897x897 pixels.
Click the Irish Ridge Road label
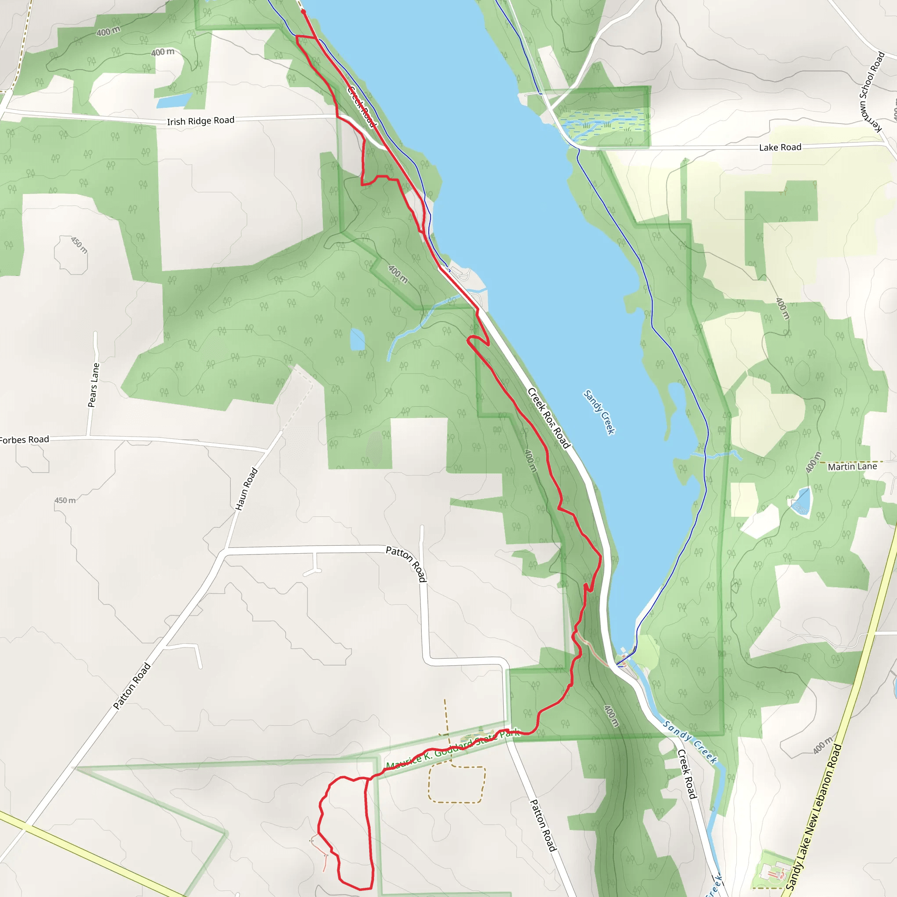tap(201, 121)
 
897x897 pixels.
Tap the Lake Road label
tap(780, 147)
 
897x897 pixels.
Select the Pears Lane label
tap(94, 385)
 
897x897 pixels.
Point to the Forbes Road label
tap(24, 439)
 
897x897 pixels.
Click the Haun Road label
tap(246, 489)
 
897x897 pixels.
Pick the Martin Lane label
tap(852, 466)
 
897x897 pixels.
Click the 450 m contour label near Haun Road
tap(65, 501)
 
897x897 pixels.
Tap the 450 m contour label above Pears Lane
tap(79, 245)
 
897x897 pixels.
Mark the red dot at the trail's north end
tap(303, 11)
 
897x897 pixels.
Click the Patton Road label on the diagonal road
tap(132, 685)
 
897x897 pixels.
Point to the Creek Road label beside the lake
tap(549, 418)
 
